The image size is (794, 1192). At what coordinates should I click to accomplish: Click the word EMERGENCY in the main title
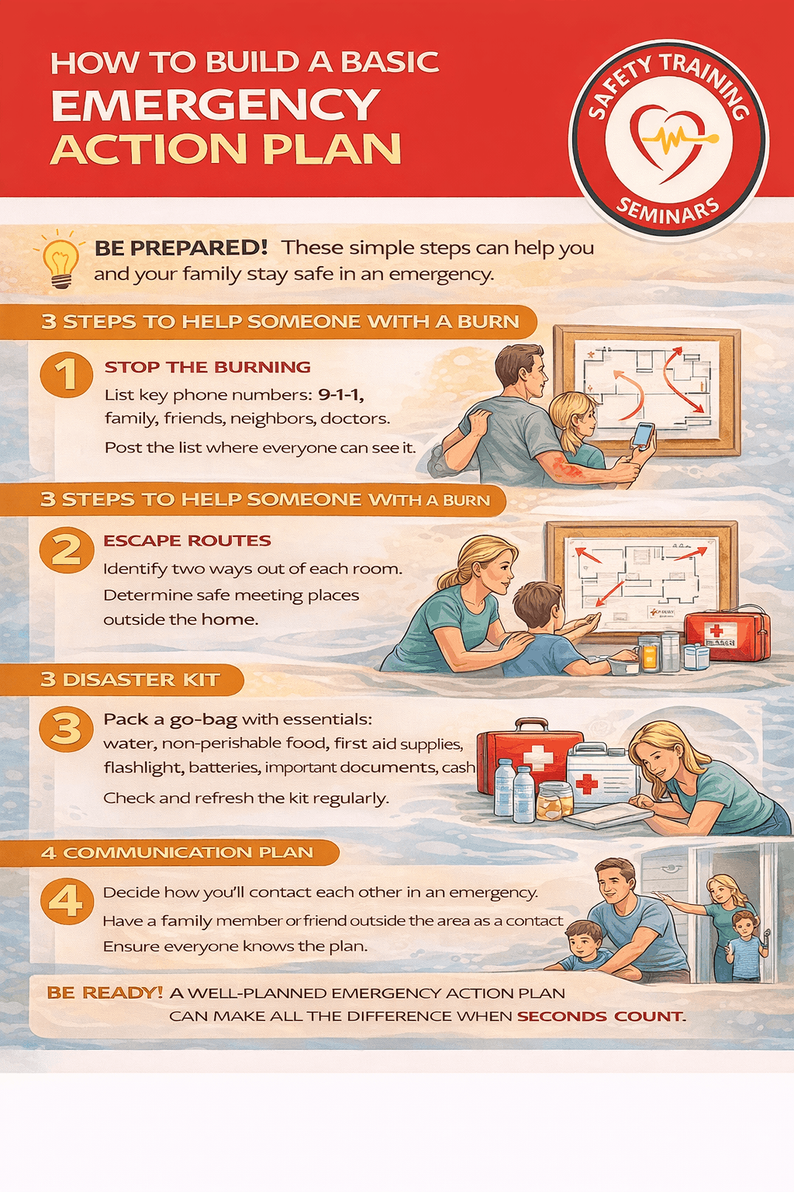coord(215,106)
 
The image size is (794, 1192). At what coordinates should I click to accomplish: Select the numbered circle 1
coord(67,375)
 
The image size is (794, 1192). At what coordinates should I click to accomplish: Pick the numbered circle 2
coord(67,550)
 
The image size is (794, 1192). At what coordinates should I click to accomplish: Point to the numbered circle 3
coord(67,729)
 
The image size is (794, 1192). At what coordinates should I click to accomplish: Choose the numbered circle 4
coord(67,902)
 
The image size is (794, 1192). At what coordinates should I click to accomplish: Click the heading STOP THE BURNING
coord(207,367)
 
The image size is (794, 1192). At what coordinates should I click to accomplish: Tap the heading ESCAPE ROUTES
coord(187,541)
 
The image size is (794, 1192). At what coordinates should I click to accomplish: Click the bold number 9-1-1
coord(340,395)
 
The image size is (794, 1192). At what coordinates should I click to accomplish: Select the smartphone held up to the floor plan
coord(642,435)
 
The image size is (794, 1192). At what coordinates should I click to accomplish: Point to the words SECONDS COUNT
coord(600,1017)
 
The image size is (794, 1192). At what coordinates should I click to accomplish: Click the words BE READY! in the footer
coord(105,993)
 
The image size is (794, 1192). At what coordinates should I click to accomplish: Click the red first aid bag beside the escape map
coord(727,634)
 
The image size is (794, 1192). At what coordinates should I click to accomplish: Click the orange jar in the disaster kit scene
coord(554,801)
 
